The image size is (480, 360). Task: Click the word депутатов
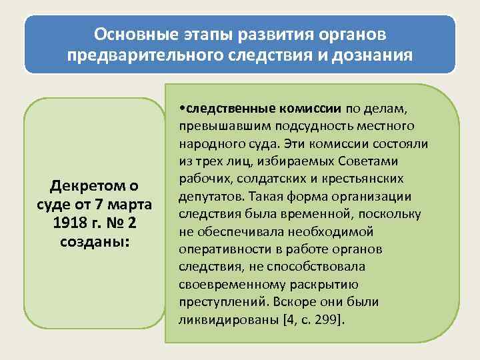[x=209, y=196]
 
